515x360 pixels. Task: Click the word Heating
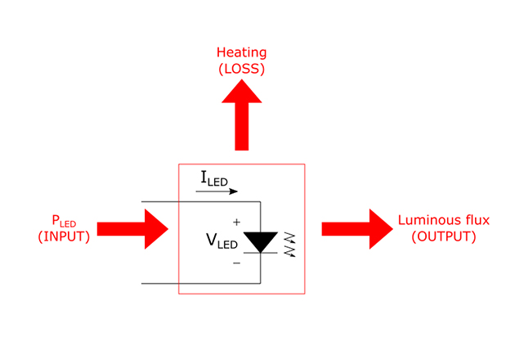click(x=242, y=53)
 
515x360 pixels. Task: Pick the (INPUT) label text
click(x=65, y=236)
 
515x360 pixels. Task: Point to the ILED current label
click(x=214, y=178)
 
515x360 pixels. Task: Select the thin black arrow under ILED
click(x=217, y=192)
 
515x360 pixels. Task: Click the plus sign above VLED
click(x=237, y=221)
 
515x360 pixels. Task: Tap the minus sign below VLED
click(x=237, y=263)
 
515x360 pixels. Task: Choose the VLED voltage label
click(x=222, y=241)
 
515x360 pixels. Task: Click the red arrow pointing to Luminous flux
click(x=356, y=228)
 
